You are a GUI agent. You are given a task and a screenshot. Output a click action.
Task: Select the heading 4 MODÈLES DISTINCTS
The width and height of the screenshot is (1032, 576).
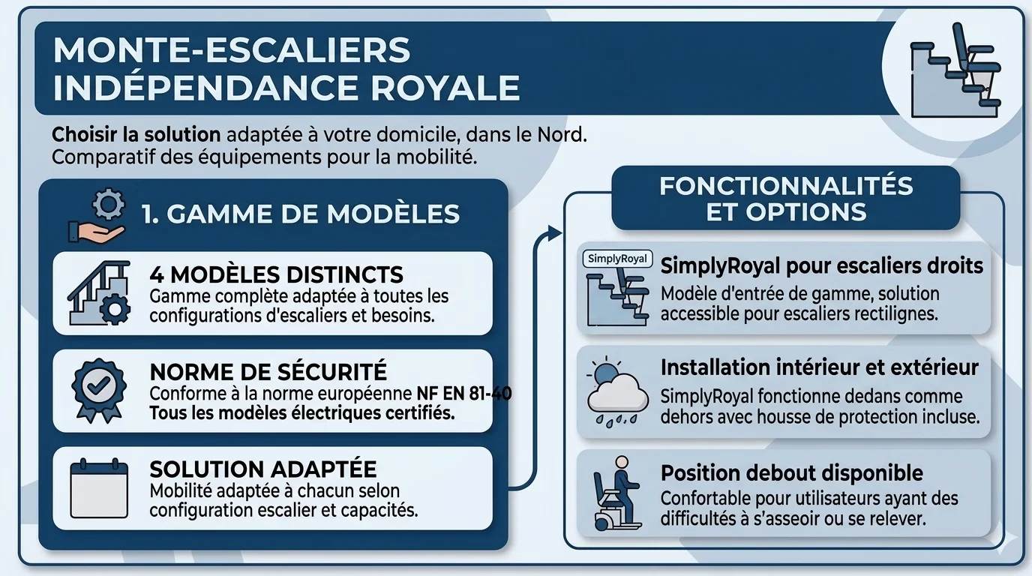(276, 274)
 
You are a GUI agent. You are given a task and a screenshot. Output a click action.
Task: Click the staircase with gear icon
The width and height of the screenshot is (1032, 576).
(98, 292)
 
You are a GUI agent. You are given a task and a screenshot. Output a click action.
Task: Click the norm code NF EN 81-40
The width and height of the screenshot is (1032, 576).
(463, 394)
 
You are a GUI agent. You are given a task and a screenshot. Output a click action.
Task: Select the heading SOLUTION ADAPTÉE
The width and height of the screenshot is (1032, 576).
(262, 469)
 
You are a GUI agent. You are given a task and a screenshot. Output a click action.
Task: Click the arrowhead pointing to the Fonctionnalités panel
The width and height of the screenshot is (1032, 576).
(555, 233)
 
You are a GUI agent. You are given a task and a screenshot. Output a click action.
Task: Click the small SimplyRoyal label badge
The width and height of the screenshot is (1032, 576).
(617, 259)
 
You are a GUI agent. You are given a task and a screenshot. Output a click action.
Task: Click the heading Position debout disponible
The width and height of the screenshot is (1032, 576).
(791, 473)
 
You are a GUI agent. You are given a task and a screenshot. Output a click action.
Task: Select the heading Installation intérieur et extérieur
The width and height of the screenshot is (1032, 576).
(819, 367)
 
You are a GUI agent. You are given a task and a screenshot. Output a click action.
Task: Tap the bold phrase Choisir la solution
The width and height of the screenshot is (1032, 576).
(136, 136)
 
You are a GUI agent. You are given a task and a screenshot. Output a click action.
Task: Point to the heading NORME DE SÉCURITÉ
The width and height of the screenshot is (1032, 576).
(268, 371)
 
